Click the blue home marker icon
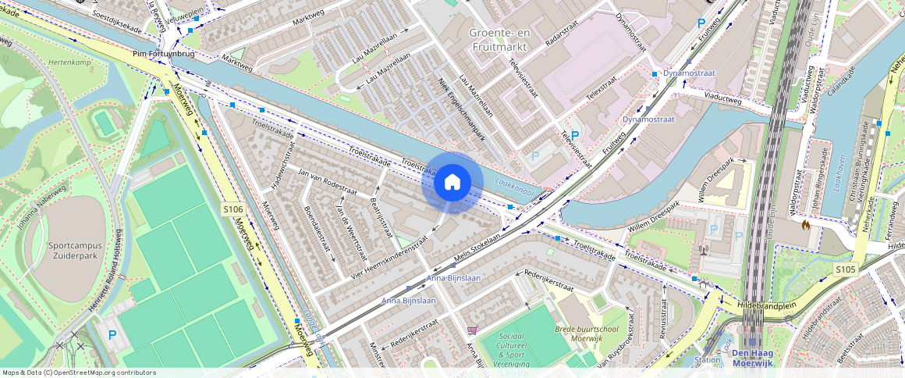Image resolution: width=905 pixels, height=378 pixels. click(452, 183)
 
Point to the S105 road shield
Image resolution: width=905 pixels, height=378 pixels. click(846, 269)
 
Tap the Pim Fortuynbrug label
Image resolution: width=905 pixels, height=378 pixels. click(164, 55)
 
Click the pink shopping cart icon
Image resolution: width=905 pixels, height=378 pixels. click(471, 330)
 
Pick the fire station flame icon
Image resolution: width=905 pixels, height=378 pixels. click(805, 225)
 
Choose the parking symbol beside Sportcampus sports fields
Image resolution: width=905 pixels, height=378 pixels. click(112, 335)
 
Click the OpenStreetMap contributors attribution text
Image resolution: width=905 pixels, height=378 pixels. click(80, 373)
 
